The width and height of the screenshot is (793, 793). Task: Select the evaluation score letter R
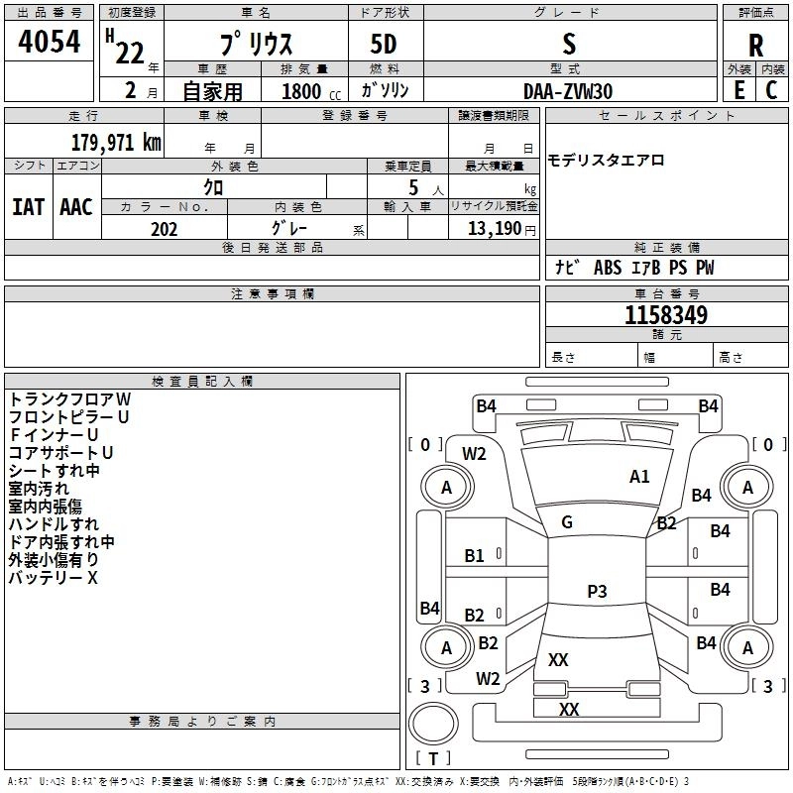point(755,45)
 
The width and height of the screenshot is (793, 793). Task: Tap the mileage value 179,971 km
point(116,142)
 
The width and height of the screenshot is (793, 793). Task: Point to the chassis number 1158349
point(666,316)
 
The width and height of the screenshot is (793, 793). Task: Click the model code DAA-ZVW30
point(568,91)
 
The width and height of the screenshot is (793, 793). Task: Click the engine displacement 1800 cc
point(302,91)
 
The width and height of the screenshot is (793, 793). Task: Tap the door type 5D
point(384,45)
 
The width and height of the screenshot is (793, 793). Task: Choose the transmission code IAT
point(28,206)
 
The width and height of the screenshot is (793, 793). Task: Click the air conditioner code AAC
point(76,206)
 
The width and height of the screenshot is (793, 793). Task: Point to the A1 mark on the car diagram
point(640,477)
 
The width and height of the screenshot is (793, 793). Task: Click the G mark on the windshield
point(567,522)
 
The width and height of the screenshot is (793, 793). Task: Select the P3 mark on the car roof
point(597,592)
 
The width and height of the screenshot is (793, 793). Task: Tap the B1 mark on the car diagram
point(475,556)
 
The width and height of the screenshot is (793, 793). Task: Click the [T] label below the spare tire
point(433,758)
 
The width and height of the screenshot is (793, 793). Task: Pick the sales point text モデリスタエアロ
point(607,161)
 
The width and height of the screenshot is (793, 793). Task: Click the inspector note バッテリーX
point(54,577)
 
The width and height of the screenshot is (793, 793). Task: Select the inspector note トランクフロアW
point(69,398)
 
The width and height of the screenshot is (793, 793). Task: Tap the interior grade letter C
point(771,90)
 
